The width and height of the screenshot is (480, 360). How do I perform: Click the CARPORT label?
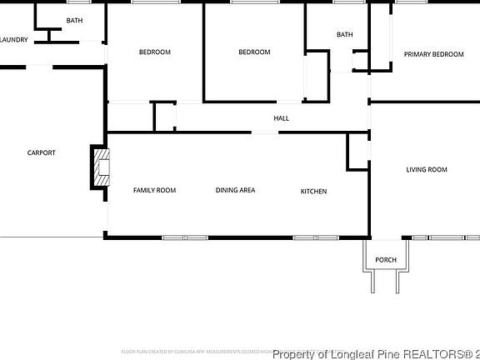point(41,152)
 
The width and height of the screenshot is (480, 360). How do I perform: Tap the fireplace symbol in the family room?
point(100,167)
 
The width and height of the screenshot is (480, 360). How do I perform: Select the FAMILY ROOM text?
point(154,191)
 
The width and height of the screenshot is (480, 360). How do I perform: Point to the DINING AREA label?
point(235,191)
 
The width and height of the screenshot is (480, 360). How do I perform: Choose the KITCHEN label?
point(313,192)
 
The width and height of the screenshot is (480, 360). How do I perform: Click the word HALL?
point(282,118)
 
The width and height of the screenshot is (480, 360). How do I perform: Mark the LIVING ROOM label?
point(426,170)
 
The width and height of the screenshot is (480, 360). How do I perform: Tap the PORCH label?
point(385,260)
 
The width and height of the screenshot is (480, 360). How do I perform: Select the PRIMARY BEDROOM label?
point(433,54)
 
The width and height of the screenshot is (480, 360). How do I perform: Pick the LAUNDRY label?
point(15,39)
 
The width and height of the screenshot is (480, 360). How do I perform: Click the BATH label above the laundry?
point(74,20)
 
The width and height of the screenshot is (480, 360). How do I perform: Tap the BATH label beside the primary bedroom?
point(344,34)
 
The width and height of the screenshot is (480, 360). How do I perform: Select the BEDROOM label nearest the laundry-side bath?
point(154,52)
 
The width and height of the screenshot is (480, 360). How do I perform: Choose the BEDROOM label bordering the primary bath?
point(254,52)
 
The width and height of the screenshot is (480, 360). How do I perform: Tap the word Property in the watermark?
point(297,354)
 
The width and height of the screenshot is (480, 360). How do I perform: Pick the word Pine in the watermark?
point(392,354)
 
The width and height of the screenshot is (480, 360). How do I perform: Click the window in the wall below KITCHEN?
point(315,237)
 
